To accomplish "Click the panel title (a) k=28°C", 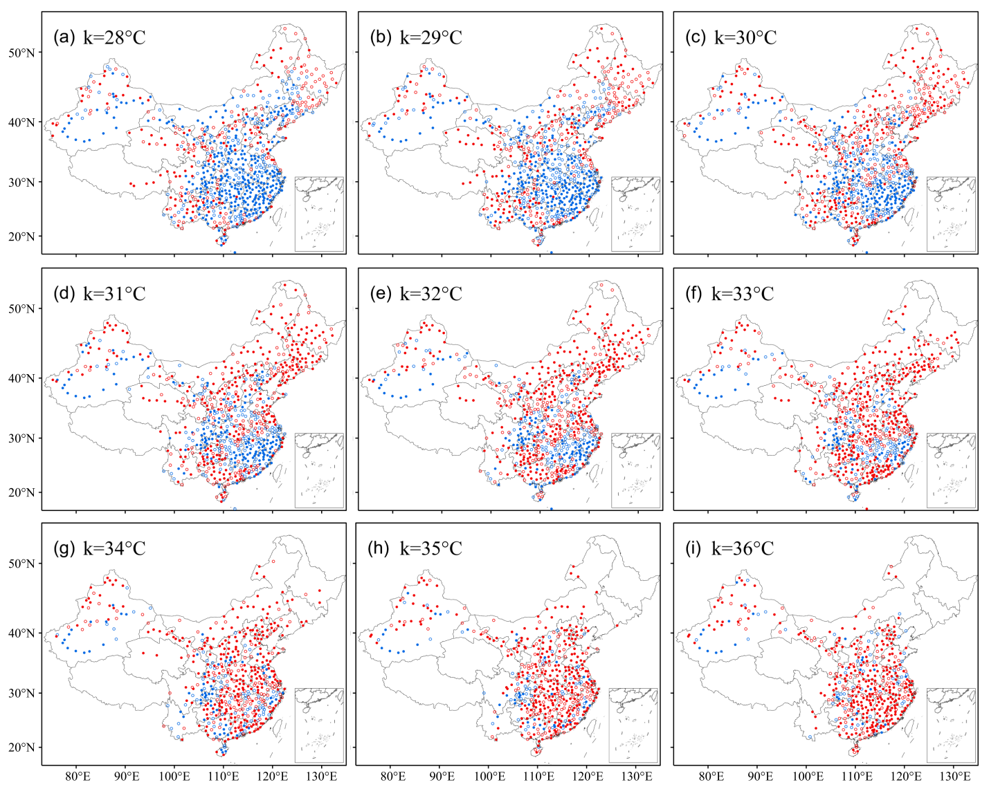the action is [x=100, y=37].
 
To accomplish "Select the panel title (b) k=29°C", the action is [x=415, y=37].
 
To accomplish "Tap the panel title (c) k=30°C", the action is [x=731, y=37].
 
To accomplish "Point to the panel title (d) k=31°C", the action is [x=100, y=293].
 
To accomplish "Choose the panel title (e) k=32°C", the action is [x=415, y=293].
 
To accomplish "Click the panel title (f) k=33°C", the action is [x=729, y=293].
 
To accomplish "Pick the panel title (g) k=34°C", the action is [x=100, y=548].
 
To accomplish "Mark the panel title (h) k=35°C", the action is [x=415, y=548].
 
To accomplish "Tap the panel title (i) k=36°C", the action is [x=729, y=548].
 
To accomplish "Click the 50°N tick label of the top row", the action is [x=21, y=53].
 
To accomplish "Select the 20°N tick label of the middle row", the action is [x=21, y=492].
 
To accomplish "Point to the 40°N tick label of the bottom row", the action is [x=21, y=633].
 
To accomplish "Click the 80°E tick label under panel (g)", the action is [x=77, y=776].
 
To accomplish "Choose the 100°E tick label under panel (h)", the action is [x=489, y=776].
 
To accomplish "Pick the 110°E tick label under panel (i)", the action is [x=855, y=776].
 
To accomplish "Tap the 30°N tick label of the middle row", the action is [x=21, y=438].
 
